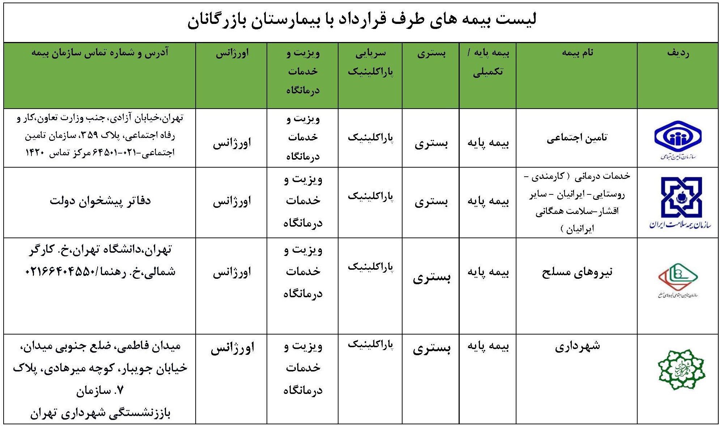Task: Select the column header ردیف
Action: [x=678, y=53]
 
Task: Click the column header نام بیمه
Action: [x=577, y=53]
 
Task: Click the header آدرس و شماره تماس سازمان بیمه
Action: [x=100, y=53]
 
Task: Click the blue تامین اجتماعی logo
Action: [x=677, y=138]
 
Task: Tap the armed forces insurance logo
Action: [x=678, y=279]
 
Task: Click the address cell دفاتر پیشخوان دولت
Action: [x=100, y=201]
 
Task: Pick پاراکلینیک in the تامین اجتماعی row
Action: [x=370, y=138]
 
